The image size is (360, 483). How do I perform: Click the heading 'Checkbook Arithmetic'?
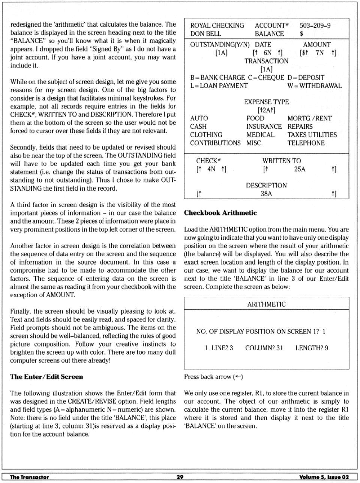pyautogui.click(x=220, y=213)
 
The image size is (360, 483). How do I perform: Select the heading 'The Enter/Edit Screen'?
pyautogui.click(x=46, y=377)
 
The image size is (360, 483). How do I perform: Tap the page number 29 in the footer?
pyautogui.click(x=180, y=477)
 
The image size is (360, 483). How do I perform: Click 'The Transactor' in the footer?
pyautogui.click(x=29, y=477)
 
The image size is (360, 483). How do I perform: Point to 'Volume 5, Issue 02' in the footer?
pyautogui.click(x=324, y=477)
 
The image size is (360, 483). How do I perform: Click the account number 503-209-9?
pyautogui.click(x=315, y=26)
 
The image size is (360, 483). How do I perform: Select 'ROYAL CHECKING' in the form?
pyautogui.click(x=217, y=26)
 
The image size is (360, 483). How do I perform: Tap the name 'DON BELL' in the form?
pyautogui.click(x=205, y=34)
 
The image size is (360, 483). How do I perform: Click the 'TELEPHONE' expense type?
pyautogui.click(x=306, y=143)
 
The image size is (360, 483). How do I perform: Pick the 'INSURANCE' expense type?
pyautogui.click(x=264, y=126)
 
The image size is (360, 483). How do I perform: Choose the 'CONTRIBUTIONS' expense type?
pyautogui.click(x=215, y=143)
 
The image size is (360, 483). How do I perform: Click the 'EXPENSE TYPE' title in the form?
pyautogui.click(x=266, y=102)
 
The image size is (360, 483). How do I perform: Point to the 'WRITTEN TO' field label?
pyautogui.click(x=282, y=161)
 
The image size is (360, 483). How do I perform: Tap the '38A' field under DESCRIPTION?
pyautogui.click(x=266, y=194)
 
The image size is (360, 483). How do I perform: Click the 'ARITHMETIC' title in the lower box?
pyautogui.click(x=266, y=304)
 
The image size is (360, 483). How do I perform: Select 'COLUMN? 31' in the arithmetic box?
pyautogui.click(x=264, y=348)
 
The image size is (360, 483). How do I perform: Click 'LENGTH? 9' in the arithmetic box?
pyautogui.click(x=312, y=348)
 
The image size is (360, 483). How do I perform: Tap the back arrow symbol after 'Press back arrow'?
pyautogui.click(x=238, y=377)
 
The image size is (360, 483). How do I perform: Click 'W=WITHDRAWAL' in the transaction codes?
pyautogui.click(x=314, y=86)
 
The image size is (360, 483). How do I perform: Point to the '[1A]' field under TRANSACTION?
pyautogui.click(x=266, y=69)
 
